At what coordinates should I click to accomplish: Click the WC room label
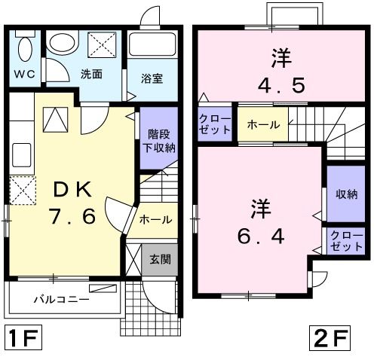tap(24, 75)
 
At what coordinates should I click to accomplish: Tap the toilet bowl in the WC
tap(25, 49)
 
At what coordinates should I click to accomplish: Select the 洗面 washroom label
tap(91, 74)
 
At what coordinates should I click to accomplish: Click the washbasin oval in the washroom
tap(63, 43)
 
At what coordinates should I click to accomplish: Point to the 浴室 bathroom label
tap(152, 78)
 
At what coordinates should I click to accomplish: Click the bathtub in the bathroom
tap(152, 44)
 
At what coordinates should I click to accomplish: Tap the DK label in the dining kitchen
tap(72, 190)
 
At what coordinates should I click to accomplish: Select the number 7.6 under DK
tap(72, 216)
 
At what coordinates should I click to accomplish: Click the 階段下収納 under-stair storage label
tap(159, 141)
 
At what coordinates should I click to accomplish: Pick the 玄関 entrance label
tap(160, 259)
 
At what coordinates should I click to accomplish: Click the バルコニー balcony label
tap(62, 300)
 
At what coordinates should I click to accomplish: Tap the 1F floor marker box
tap(23, 337)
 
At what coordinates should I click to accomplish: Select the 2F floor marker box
tap(329, 338)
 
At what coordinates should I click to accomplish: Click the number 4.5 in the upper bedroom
tap(281, 85)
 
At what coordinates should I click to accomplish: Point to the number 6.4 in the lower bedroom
tap(261, 236)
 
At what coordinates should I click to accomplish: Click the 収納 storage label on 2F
tap(347, 194)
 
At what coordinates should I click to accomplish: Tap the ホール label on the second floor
tap(263, 124)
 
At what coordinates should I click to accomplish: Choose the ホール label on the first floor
tap(155, 220)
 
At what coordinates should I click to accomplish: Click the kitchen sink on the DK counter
tap(22, 155)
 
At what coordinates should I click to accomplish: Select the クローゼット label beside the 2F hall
tap(215, 124)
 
